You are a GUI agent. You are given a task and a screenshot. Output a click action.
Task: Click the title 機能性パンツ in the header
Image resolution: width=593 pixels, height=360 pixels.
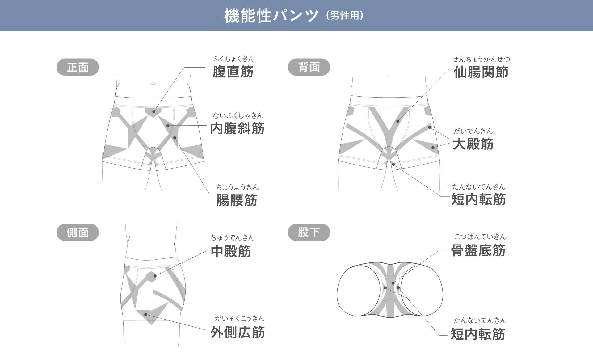point(271,16)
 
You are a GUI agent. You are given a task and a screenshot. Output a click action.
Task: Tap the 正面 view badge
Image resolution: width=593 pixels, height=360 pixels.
point(78,67)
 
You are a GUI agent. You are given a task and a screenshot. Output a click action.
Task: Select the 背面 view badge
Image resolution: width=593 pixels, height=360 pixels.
point(309,67)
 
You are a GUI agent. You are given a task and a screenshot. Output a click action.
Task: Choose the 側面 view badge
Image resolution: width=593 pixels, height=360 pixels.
point(78,232)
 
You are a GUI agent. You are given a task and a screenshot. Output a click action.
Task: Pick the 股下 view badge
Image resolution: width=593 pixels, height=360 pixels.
point(309,232)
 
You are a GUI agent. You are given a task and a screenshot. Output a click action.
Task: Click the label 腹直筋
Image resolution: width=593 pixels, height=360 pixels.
point(233,72)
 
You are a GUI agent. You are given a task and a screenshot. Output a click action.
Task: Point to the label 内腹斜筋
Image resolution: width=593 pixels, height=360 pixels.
point(237,128)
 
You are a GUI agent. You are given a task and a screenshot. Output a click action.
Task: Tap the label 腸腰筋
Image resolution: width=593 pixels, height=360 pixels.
point(237,200)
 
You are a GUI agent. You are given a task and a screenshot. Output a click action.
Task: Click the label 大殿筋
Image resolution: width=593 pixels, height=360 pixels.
point(473,144)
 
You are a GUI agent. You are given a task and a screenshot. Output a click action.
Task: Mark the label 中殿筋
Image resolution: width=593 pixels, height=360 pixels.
point(231,251)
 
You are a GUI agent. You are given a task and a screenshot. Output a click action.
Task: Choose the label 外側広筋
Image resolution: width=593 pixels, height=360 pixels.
point(237,333)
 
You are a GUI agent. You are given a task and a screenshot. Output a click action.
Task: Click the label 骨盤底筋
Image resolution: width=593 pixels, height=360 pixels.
point(478,250)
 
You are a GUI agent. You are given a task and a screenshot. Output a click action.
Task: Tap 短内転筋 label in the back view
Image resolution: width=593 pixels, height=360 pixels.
point(478,199)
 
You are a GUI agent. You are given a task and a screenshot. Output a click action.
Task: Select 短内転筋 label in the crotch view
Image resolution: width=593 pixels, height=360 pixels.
point(478,334)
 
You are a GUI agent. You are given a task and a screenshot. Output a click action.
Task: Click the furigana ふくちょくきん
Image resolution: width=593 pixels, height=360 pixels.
point(233,59)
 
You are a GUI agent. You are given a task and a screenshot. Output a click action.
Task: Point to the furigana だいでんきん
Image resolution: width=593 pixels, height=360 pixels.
point(473,131)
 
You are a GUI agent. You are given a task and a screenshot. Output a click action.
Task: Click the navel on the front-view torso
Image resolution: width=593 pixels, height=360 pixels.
point(153,84)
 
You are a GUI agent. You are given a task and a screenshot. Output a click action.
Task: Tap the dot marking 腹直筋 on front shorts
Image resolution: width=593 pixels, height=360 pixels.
point(154,111)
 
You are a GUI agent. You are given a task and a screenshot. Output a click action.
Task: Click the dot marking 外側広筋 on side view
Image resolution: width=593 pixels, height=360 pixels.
point(145,314)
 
